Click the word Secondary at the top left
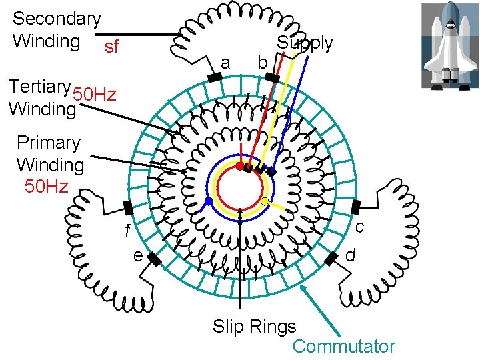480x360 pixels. [x=57, y=19]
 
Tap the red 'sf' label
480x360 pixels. [x=111, y=47]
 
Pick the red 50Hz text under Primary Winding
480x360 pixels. [x=46, y=186]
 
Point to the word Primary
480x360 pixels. [x=49, y=143]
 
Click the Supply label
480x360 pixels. [x=305, y=43]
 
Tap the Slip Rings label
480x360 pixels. [x=254, y=327]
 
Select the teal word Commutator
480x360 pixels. [x=343, y=347]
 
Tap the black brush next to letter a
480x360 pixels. [x=215, y=77]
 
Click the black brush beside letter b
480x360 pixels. [x=272, y=77]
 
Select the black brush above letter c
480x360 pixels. [x=355, y=207]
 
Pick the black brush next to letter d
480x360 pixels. [x=331, y=258]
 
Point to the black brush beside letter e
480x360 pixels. [x=154, y=259]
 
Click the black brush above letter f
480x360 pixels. [x=129, y=208]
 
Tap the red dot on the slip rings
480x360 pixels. [x=239, y=166]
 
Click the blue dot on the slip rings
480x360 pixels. [x=209, y=201]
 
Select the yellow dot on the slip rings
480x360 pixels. [x=265, y=200]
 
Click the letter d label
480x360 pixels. [x=351, y=255]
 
